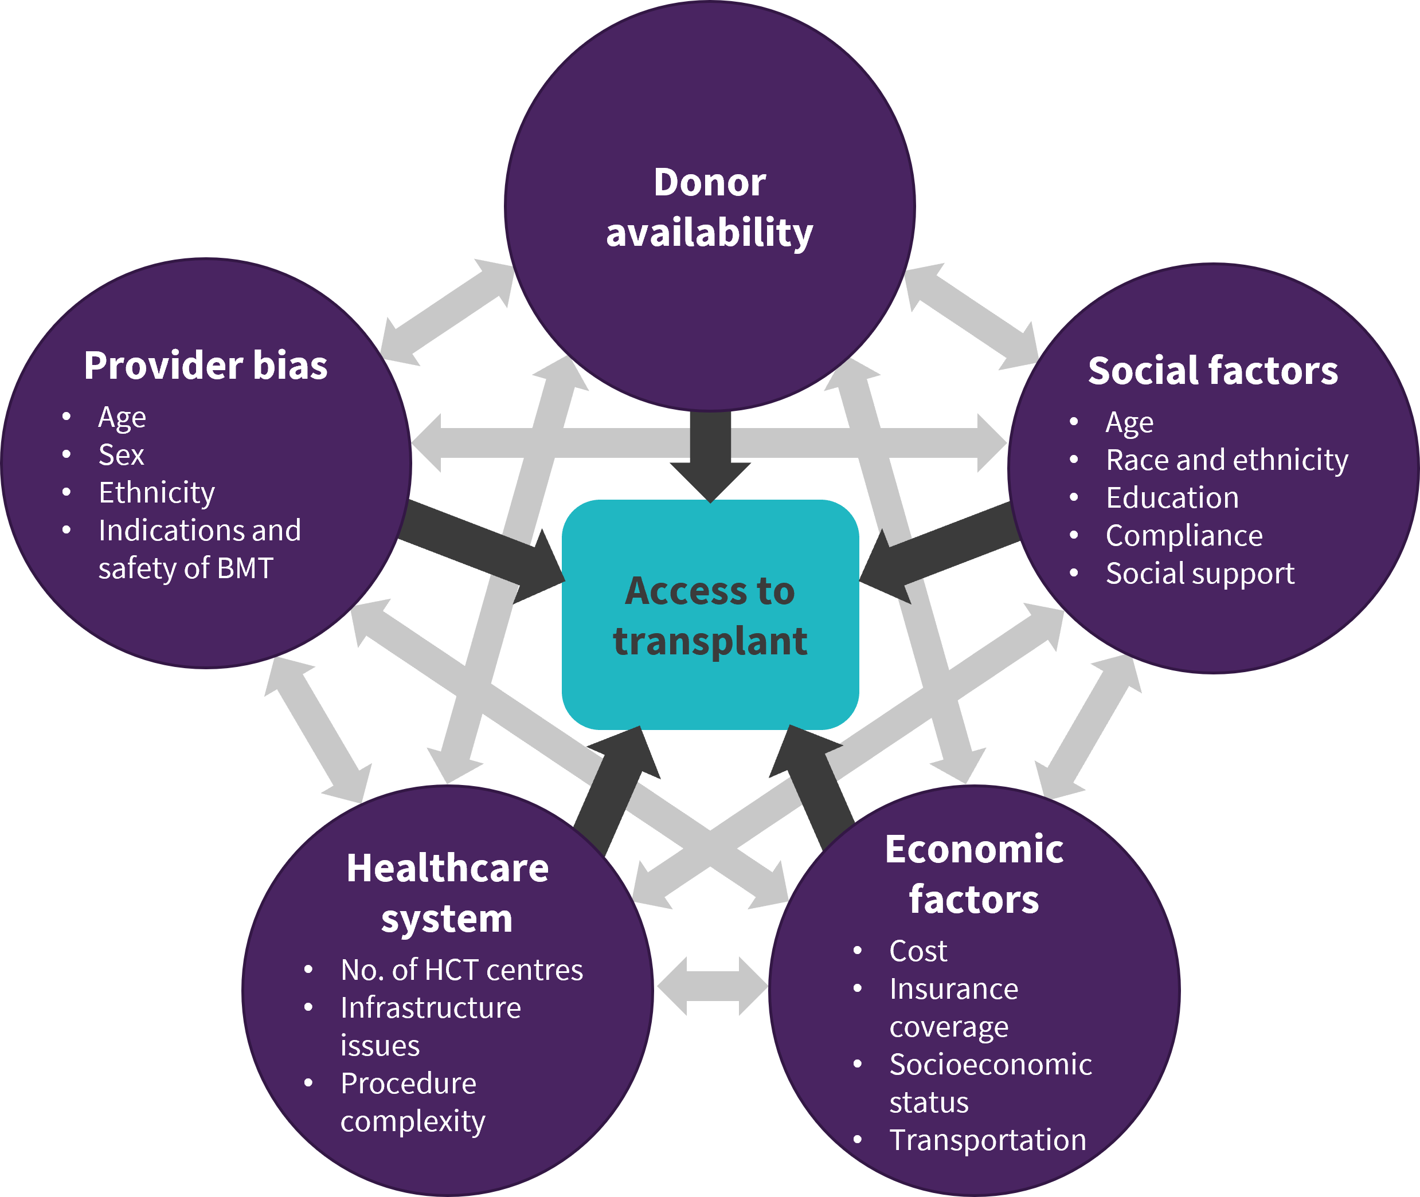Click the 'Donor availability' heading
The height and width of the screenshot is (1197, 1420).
(x=709, y=207)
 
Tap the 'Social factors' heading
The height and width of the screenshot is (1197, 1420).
(x=1212, y=371)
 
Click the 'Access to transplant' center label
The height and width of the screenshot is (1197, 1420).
(x=710, y=615)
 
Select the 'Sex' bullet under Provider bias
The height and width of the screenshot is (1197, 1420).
(x=122, y=454)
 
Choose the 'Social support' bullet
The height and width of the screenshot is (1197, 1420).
(x=1199, y=574)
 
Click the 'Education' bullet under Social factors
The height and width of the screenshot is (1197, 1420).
(x=1172, y=498)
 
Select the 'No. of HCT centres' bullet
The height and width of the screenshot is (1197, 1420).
(x=461, y=970)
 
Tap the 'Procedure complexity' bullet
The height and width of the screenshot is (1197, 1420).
(x=413, y=1102)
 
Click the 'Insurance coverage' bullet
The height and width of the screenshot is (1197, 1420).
(x=954, y=1008)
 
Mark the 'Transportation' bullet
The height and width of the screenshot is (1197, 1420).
(x=988, y=1140)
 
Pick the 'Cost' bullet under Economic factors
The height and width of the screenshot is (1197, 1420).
(x=918, y=951)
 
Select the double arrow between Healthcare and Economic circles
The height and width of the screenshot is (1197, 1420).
(x=712, y=986)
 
